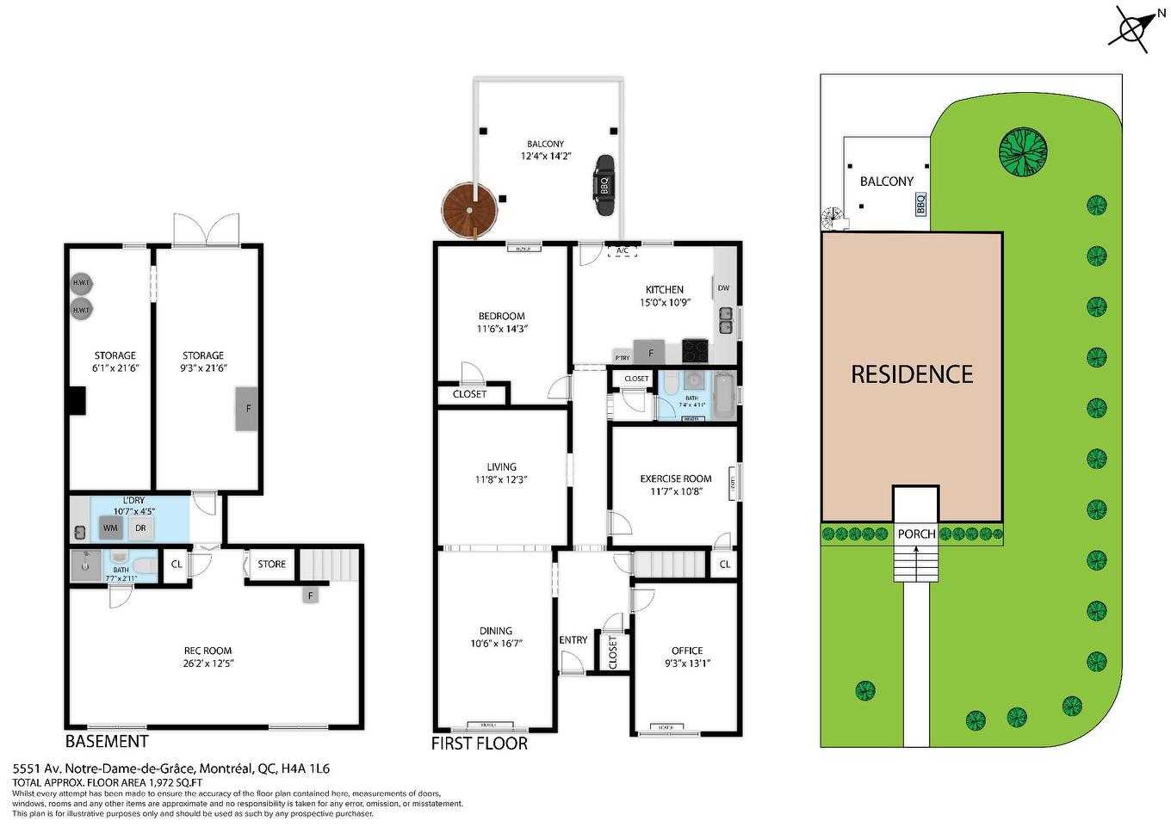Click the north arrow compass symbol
coord(1131,28)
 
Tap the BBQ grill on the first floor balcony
coord(604,185)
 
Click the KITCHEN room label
coord(665,290)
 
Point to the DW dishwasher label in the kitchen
coord(723,288)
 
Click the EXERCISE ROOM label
coord(676,478)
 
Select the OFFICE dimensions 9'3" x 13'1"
coord(687,663)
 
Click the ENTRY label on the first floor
coord(573,640)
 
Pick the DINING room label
coord(496,631)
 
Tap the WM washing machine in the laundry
coord(111,528)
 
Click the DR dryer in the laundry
coord(140,528)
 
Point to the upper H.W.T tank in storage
coord(81,283)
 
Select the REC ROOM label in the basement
coord(208,651)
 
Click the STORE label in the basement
coord(271,565)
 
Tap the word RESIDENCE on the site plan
coord(912,374)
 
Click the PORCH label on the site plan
coord(916,534)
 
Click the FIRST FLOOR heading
coord(480,744)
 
